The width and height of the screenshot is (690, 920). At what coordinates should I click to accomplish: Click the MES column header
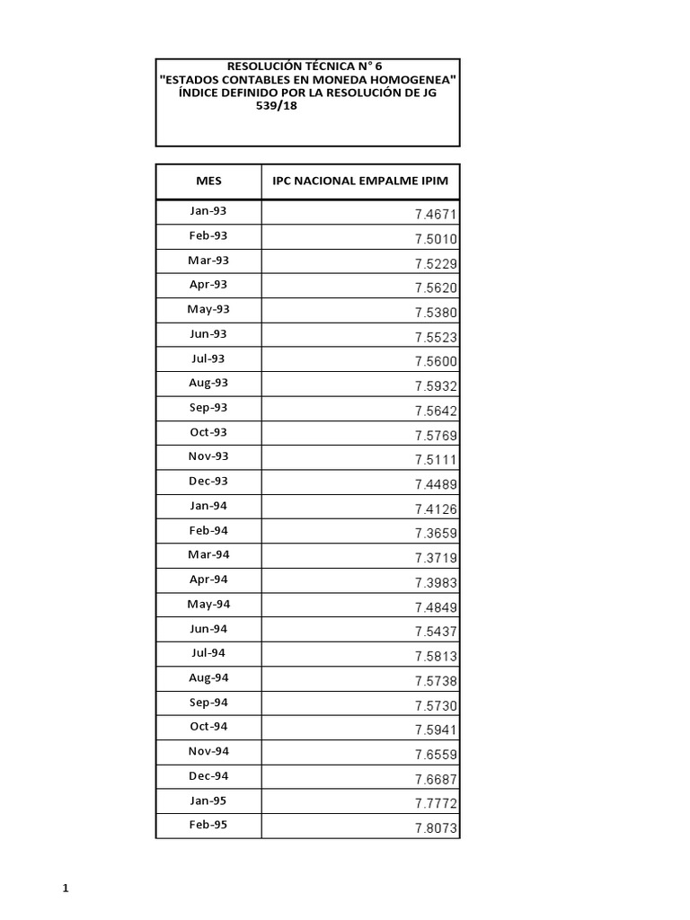[x=208, y=181]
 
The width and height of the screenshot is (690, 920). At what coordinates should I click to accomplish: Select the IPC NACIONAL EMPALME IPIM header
[x=359, y=181]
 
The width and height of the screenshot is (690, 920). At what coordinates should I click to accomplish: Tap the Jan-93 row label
[x=208, y=211]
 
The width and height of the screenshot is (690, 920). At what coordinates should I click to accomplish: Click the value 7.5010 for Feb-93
[x=437, y=239]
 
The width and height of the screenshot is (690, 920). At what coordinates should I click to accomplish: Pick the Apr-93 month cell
[x=208, y=285]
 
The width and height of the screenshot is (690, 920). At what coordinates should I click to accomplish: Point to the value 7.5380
[x=437, y=313]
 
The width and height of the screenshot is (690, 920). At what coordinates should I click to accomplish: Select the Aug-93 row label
[x=208, y=383]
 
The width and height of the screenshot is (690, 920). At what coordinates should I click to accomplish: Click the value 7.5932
[x=437, y=386]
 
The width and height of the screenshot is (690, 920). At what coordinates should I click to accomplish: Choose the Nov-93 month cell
[x=208, y=456]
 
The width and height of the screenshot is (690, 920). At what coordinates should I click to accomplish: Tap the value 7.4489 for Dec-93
[x=437, y=484]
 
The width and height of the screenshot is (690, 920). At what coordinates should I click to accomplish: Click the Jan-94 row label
[x=208, y=506]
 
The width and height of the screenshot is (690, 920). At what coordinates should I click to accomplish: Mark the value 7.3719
[x=437, y=558]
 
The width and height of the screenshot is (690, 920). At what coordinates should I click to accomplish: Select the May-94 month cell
[x=208, y=604]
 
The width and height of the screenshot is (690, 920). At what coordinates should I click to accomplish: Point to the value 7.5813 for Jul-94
[x=437, y=657]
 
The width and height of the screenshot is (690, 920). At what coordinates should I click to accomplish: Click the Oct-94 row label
[x=208, y=726]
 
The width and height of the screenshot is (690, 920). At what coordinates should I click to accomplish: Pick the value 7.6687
[x=437, y=779]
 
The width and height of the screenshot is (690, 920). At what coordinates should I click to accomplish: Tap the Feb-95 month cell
[x=208, y=824]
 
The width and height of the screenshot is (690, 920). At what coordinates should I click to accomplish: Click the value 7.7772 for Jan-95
[x=437, y=804]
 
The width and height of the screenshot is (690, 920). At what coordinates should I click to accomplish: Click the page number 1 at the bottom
[x=66, y=889]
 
